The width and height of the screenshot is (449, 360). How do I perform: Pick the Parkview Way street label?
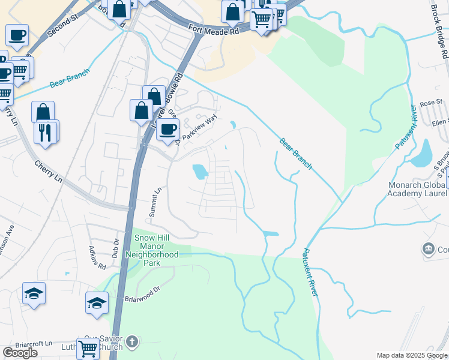[198, 129]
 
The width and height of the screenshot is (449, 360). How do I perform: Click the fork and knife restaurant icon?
[45, 132]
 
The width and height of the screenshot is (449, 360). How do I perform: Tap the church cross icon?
[133, 341]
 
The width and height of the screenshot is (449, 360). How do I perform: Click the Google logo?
[20, 353]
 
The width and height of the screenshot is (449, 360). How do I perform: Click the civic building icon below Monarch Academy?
[429, 248]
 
